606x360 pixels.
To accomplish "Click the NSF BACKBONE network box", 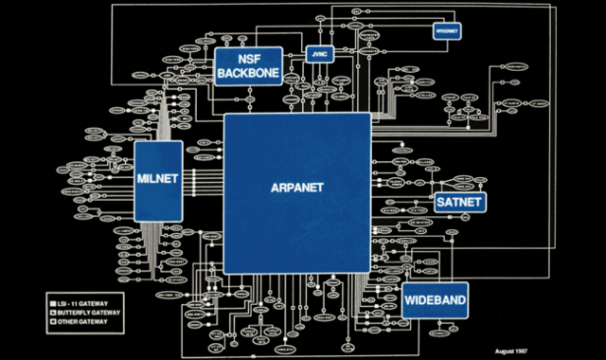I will [249, 64].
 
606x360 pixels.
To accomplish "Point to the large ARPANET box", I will [296, 187].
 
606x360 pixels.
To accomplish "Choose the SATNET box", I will [460, 203].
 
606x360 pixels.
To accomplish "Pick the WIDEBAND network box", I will [436, 301].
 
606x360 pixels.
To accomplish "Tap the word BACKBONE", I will [249, 72].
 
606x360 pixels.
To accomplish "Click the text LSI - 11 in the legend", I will [68, 303].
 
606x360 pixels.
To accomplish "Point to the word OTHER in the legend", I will [67, 322].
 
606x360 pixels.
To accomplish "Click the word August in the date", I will [508, 351].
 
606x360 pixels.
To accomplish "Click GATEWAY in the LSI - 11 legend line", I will [96, 303].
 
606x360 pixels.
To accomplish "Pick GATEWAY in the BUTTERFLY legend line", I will [106, 313].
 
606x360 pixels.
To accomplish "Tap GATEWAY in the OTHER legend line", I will [94, 322].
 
